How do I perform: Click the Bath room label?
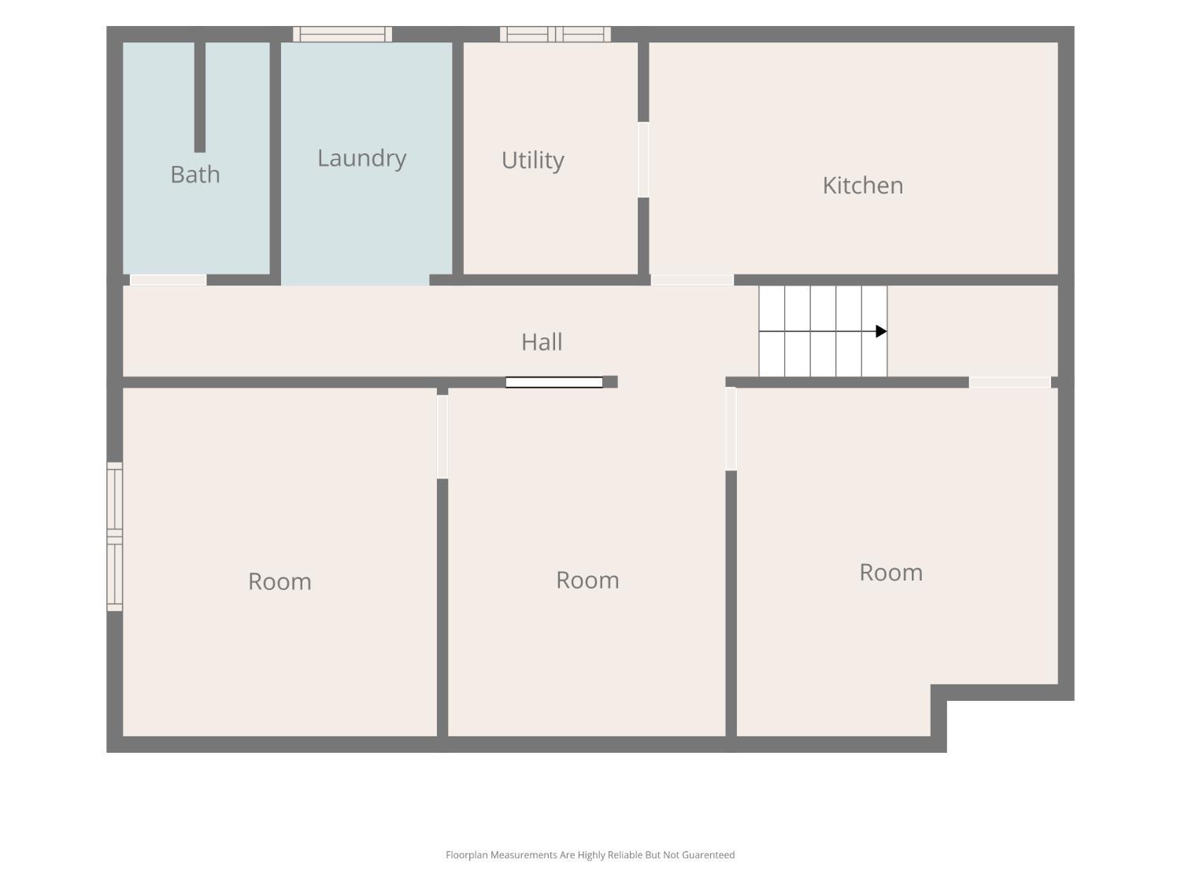tap(195, 175)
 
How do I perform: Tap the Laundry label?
tap(361, 159)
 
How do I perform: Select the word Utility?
tap(533, 160)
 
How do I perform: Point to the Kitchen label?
tap(862, 186)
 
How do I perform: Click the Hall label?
tap(542, 341)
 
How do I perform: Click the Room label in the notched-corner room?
tap(891, 572)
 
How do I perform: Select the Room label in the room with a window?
tap(280, 581)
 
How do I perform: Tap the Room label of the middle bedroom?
tap(587, 581)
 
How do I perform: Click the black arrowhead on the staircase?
tap(881, 331)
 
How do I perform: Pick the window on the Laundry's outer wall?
tap(342, 34)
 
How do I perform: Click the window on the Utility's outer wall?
tap(555, 34)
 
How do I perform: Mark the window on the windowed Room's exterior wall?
tap(115, 537)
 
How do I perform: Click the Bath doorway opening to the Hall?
tap(168, 280)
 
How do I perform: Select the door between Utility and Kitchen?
tap(643, 160)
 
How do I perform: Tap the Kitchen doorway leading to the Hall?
tap(692, 280)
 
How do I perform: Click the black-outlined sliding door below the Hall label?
tap(554, 382)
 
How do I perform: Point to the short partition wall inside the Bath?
tap(200, 97)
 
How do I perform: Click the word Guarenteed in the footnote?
tap(708, 855)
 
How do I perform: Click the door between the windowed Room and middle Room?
tap(442, 437)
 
